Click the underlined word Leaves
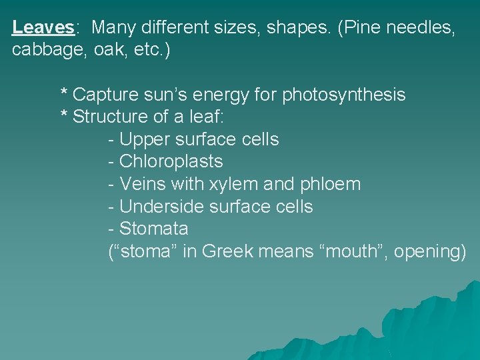pos(43,27)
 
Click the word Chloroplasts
pos(171,161)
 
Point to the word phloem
pos(329,184)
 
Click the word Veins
pos(142,184)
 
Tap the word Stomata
pos(154,229)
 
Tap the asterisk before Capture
pos(64,93)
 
